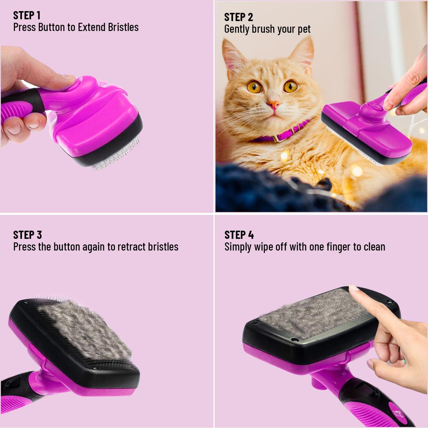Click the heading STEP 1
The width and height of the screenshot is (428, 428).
(27, 15)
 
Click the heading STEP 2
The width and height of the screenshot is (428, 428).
(238, 17)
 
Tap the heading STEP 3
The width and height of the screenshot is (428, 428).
(27, 235)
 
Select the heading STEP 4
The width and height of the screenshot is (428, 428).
(239, 235)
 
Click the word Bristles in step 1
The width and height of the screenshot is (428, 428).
(123, 27)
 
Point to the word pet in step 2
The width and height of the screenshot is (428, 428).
(304, 29)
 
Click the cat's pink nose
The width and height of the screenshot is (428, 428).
(274, 104)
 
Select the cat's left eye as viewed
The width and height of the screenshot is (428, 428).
(254, 87)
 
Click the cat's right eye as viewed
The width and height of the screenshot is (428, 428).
(290, 86)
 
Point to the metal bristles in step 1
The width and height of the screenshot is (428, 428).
(117, 158)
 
